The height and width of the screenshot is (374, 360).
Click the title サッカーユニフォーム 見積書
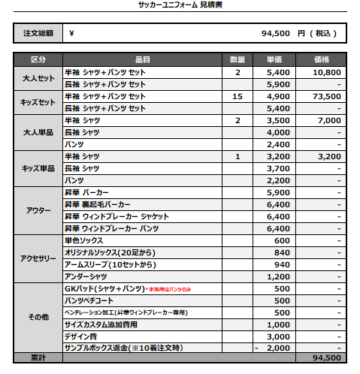pos(180,5)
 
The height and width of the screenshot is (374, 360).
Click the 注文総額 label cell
pos(38,34)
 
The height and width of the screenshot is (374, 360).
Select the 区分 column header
pos(38,59)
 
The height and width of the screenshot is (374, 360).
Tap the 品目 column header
pos(143,59)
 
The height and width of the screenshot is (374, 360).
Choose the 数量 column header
pos(237,59)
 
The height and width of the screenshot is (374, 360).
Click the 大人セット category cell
pos(38,78)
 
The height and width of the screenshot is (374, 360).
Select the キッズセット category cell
pos(38,102)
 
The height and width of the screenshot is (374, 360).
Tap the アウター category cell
pos(38,210)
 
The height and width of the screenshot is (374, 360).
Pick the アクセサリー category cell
pos(38,258)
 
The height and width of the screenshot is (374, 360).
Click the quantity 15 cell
pos(237,97)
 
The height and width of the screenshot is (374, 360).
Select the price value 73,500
pos(326,97)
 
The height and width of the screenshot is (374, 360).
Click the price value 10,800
pos(326,73)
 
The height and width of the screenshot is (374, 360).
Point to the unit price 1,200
pos(277,276)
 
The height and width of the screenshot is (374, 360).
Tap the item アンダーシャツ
pos(86,276)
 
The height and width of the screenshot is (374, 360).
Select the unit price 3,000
pos(277,336)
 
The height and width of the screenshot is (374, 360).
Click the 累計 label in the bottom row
pos(38,357)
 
